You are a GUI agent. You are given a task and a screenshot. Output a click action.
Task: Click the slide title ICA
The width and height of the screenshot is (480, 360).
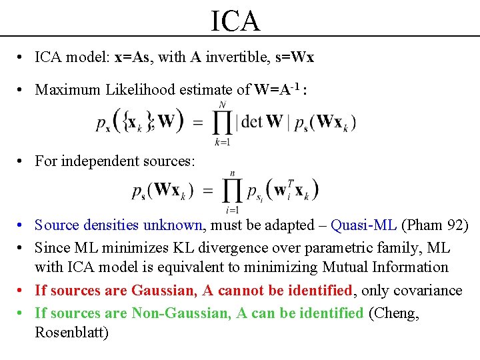point(235,21)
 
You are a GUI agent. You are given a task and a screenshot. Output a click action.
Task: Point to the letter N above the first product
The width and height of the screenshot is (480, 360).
point(221,105)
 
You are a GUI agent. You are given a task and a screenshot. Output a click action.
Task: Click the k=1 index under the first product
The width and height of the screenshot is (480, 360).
point(221,142)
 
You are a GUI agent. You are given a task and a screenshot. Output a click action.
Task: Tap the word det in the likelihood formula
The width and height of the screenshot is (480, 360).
point(253,122)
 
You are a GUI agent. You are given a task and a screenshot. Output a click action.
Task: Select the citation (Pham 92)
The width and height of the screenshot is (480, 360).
point(435,225)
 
